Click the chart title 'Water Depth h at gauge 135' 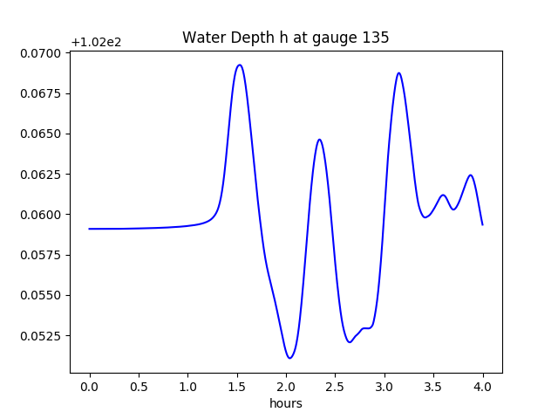(x=285, y=38)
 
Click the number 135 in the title (x=377, y=38)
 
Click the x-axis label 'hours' (x=286, y=403)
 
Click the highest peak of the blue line (x=239, y=65)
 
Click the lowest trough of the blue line (x=289, y=358)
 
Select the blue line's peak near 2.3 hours (x=319, y=140)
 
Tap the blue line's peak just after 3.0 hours (x=398, y=73)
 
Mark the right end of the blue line (x=482, y=224)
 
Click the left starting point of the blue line (x=90, y=229)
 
